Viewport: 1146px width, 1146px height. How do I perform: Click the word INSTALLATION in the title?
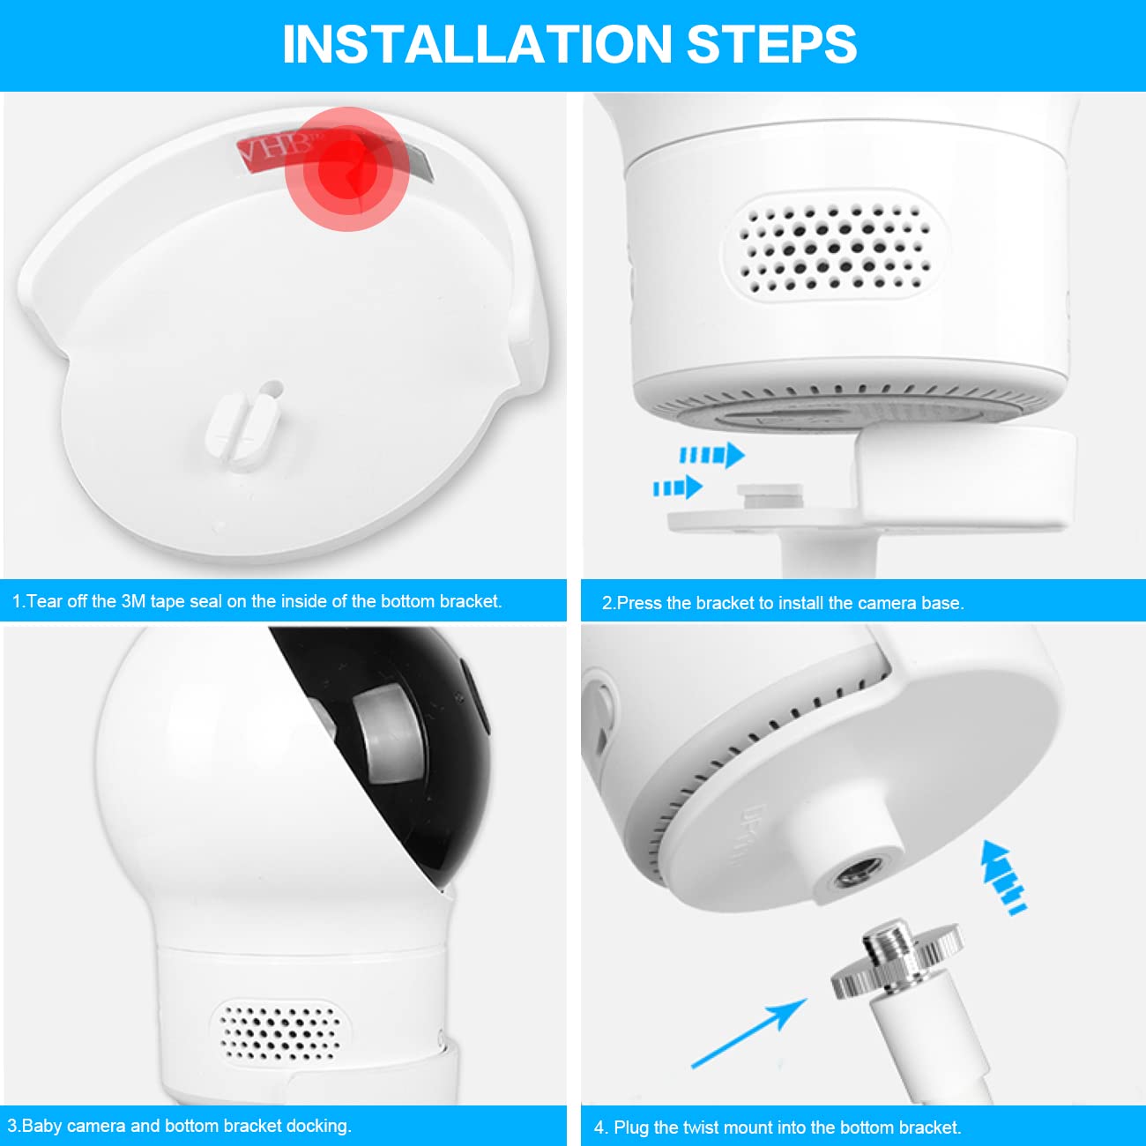coord(477,44)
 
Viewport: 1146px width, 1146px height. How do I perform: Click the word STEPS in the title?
coord(772,44)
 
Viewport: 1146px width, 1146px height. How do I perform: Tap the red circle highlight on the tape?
coord(346,169)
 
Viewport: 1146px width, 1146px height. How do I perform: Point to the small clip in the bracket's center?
coord(243,423)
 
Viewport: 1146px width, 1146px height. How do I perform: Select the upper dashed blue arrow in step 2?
coord(712,456)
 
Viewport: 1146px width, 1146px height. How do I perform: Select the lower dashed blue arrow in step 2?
coord(678,487)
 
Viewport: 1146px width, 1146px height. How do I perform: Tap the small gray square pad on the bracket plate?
coord(770,495)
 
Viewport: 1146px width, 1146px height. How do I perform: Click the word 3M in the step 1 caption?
coord(133,601)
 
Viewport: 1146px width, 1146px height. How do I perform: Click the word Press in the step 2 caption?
coord(639,603)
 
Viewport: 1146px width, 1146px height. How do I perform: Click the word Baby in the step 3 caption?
coord(41,1126)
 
